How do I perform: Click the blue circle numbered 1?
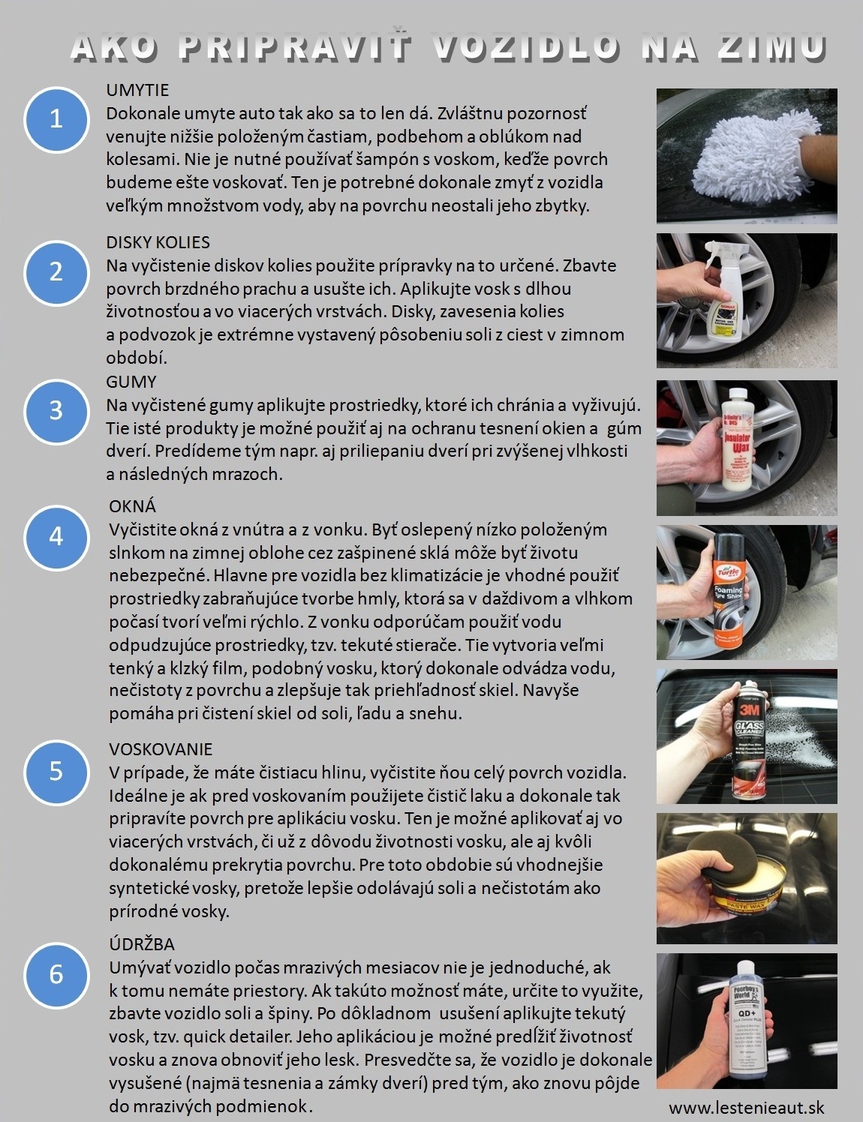(56, 119)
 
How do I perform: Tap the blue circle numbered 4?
(56, 537)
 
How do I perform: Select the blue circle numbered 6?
(56, 974)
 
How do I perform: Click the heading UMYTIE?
(137, 90)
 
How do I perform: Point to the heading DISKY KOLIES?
(158, 242)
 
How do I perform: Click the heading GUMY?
(131, 382)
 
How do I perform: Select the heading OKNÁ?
(132, 506)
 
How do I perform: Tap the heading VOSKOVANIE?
(161, 749)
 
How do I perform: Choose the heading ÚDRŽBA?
(142, 943)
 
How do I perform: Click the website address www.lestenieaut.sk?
(746, 1108)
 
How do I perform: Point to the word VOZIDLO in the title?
(526, 47)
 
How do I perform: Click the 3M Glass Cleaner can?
(751, 738)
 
